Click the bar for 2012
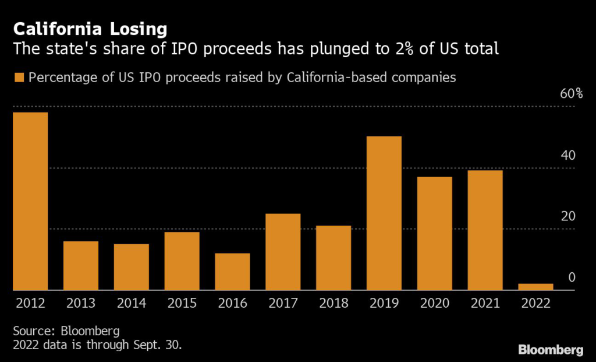coord(30,201)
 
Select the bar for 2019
coord(384,213)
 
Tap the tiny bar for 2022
coord(535,286)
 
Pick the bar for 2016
coord(232,271)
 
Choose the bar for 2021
coord(485,230)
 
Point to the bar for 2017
coord(283,251)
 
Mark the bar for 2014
coord(131,266)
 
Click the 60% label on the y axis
coord(571,94)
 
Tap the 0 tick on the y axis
coord(572,277)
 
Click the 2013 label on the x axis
coord(81,303)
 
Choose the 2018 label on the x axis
coord(334,303)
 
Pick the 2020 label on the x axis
coord(434,303)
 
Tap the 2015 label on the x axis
coord(182,303)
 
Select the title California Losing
coord(90,29)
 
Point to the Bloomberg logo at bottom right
coord(551,350)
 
